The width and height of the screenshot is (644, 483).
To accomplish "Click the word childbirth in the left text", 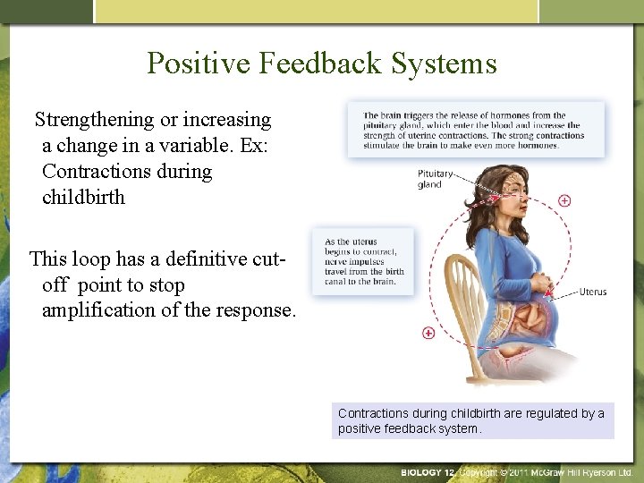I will (83, 197).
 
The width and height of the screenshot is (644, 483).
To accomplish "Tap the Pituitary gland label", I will (435, 178).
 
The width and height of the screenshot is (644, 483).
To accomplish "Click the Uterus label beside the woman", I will (592, 292).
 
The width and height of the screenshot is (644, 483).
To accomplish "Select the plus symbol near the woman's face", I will (564, 200).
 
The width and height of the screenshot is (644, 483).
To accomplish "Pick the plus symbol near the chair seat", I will (428, 333).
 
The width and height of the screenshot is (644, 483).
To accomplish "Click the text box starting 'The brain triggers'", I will (475, 130).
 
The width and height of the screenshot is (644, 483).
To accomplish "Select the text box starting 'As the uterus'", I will (363, 261).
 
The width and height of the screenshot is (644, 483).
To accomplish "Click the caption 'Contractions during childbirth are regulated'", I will (472, 420).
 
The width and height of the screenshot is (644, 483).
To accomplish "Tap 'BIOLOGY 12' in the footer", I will (428, 471).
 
